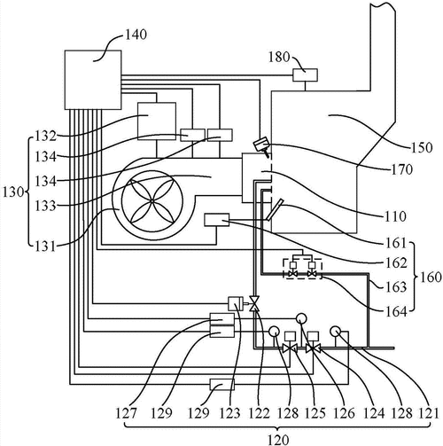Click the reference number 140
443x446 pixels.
pos(136,35)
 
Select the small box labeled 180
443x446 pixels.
pos(305,75)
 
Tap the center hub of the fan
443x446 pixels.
pos(152,201)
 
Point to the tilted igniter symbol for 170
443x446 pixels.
pos(261,146)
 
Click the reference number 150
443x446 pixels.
pos(422,147)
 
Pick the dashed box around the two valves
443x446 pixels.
pos(302,269)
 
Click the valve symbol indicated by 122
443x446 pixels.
pos(254,303)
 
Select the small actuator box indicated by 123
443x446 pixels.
pos(236,304)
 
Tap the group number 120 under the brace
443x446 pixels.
pos(278,440)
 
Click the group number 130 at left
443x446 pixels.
pos(13,192)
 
